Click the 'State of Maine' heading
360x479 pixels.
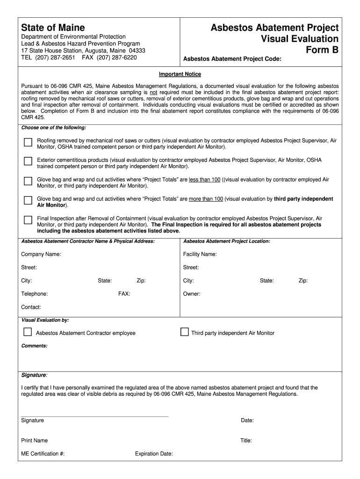coord(53,28)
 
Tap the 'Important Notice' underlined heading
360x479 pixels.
coord(180,74)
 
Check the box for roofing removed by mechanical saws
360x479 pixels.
coord(28,142)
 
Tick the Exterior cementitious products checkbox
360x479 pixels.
coord(28,161)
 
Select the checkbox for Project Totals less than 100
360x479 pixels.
coord(28,181)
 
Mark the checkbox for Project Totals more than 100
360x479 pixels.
coord(28,201)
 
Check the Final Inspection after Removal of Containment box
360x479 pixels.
coord(28,220)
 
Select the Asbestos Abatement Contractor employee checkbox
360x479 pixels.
coord(28,332)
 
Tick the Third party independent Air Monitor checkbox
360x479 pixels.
coord(184,332)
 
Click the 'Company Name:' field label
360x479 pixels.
coord(41,254)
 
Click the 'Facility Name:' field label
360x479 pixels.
coord(200,254)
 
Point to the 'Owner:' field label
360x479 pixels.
coord(192,294)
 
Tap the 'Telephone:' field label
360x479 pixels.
coord(34,294)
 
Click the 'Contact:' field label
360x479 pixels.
coord(31,307)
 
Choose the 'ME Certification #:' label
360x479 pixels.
coord(43,454)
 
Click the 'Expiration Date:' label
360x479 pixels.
coord(154,454)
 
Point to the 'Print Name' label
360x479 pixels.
coord(34,441)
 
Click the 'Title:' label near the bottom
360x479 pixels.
coord(246,441)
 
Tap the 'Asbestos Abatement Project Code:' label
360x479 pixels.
coord(232,59)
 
